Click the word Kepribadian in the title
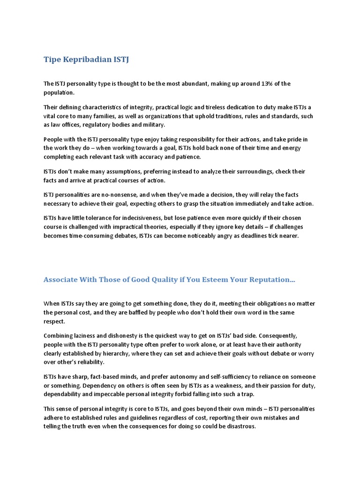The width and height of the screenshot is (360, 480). pyautogui.click(x=87, y=60)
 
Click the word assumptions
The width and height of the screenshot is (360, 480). pyautogui.click(x=114, y=172)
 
